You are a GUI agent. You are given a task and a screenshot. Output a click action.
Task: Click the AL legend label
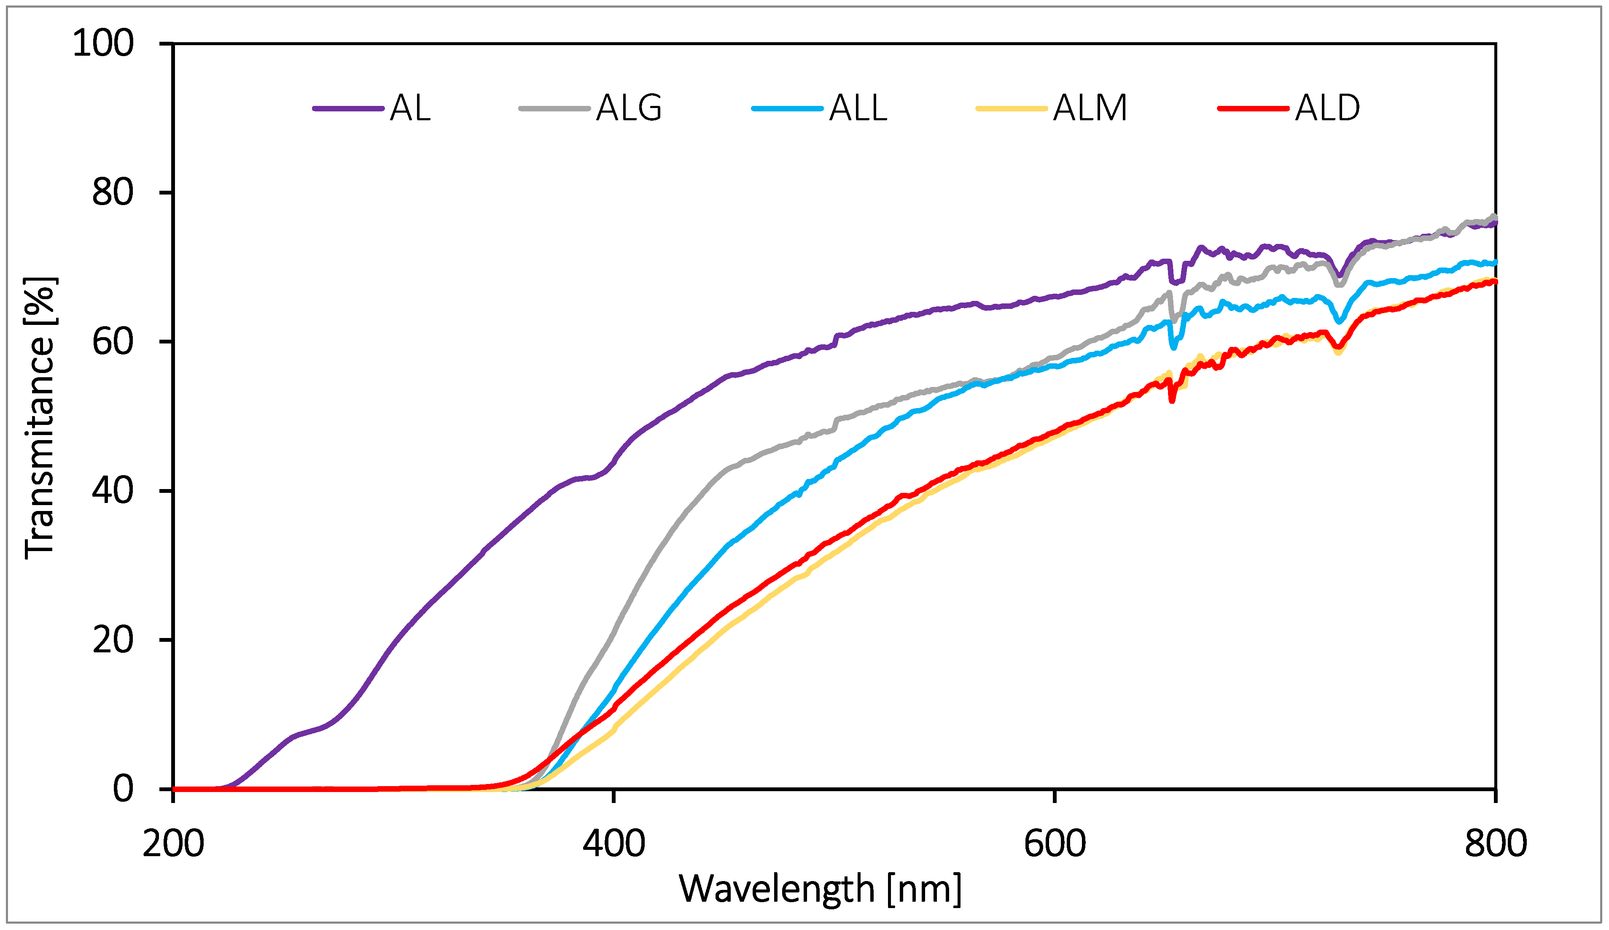click(x=410, y=108)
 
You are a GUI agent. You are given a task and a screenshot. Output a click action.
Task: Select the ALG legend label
click(x=629, y=108)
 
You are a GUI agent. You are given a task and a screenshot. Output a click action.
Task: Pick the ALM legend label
click(x=1090, y=108)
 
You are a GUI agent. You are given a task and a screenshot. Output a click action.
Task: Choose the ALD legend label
click(x=1327, y=108)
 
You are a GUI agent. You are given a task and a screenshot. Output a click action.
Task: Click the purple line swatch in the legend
click(x=348, y=108)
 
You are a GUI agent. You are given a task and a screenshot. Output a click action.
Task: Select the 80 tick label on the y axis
click(x=113, y=192)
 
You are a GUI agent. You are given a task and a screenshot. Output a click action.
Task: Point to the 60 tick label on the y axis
click(x=113, y=342)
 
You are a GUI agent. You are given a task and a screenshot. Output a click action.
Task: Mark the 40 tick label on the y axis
click(x=113, y=491)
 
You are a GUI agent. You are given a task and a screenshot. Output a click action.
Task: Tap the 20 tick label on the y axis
click(x=113, y=640)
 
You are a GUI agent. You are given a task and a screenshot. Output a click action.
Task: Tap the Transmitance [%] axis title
click(x=40, y=418)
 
